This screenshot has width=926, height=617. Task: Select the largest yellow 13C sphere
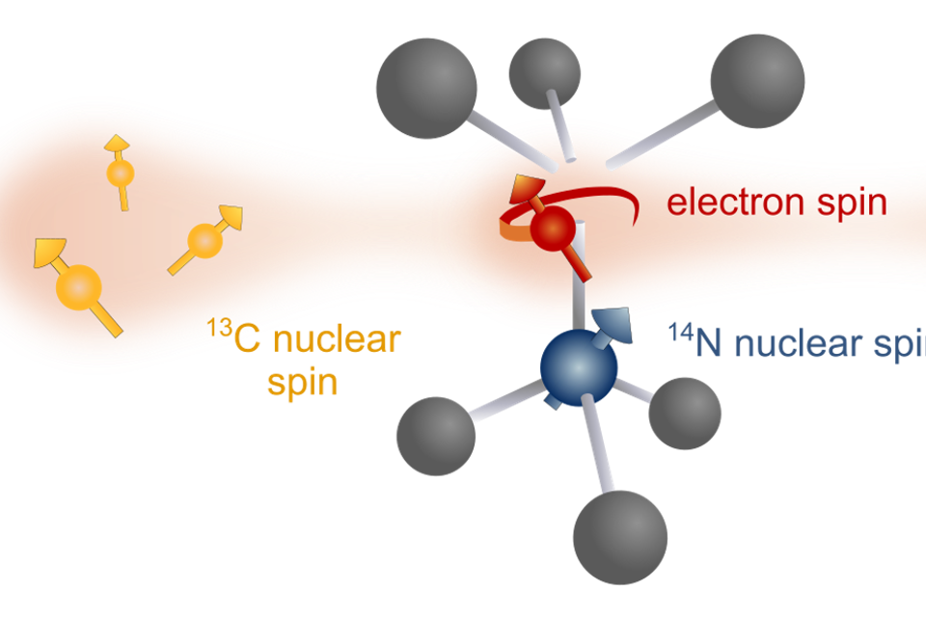coord(78,287)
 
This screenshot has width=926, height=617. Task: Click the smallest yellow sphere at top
coord(121,174)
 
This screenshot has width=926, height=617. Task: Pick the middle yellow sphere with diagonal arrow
coord(204,239)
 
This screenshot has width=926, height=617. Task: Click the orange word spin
coord(302,383)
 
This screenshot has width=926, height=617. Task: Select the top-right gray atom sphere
coord(757,80)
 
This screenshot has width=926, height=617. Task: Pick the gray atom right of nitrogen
coord(684,413)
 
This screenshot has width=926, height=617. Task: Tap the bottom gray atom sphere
coord(619,537)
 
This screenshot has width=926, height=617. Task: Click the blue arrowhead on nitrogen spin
coord(612,322)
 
